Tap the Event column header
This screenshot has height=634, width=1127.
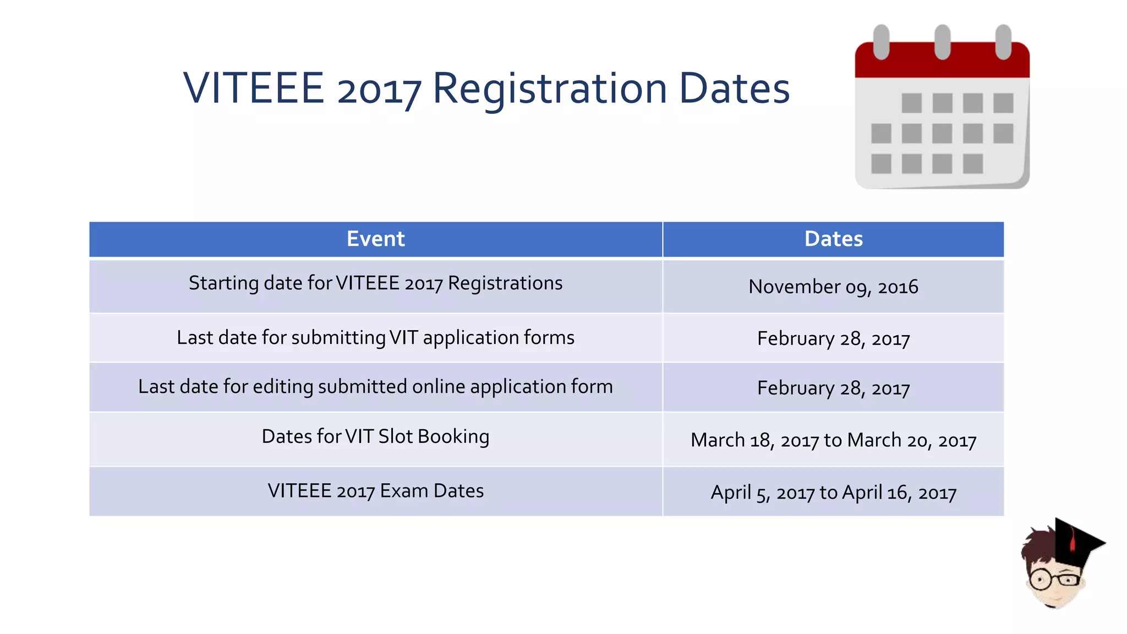(x=376, y=239)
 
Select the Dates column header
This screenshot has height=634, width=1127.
(x=833, y=239)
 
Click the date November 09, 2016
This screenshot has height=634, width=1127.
(x=833, y=287)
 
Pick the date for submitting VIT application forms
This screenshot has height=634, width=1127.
(x=833, y=338)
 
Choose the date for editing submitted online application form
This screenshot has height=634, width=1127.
(x=833, y=388)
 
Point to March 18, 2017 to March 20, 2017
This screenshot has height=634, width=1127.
(x=833, y=440)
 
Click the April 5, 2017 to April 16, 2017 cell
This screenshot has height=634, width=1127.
(x=833, y=493)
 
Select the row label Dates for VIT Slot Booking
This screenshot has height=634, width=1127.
(x=375, y=436)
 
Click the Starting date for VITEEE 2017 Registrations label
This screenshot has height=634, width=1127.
(x=375, y=283)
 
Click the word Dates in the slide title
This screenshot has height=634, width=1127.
(x=734, y=89)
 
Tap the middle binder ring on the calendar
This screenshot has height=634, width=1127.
(x=942, y=42)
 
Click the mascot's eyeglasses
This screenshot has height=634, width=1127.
(x=1054, y=580)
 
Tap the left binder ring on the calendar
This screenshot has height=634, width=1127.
(x=881, y=42)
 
